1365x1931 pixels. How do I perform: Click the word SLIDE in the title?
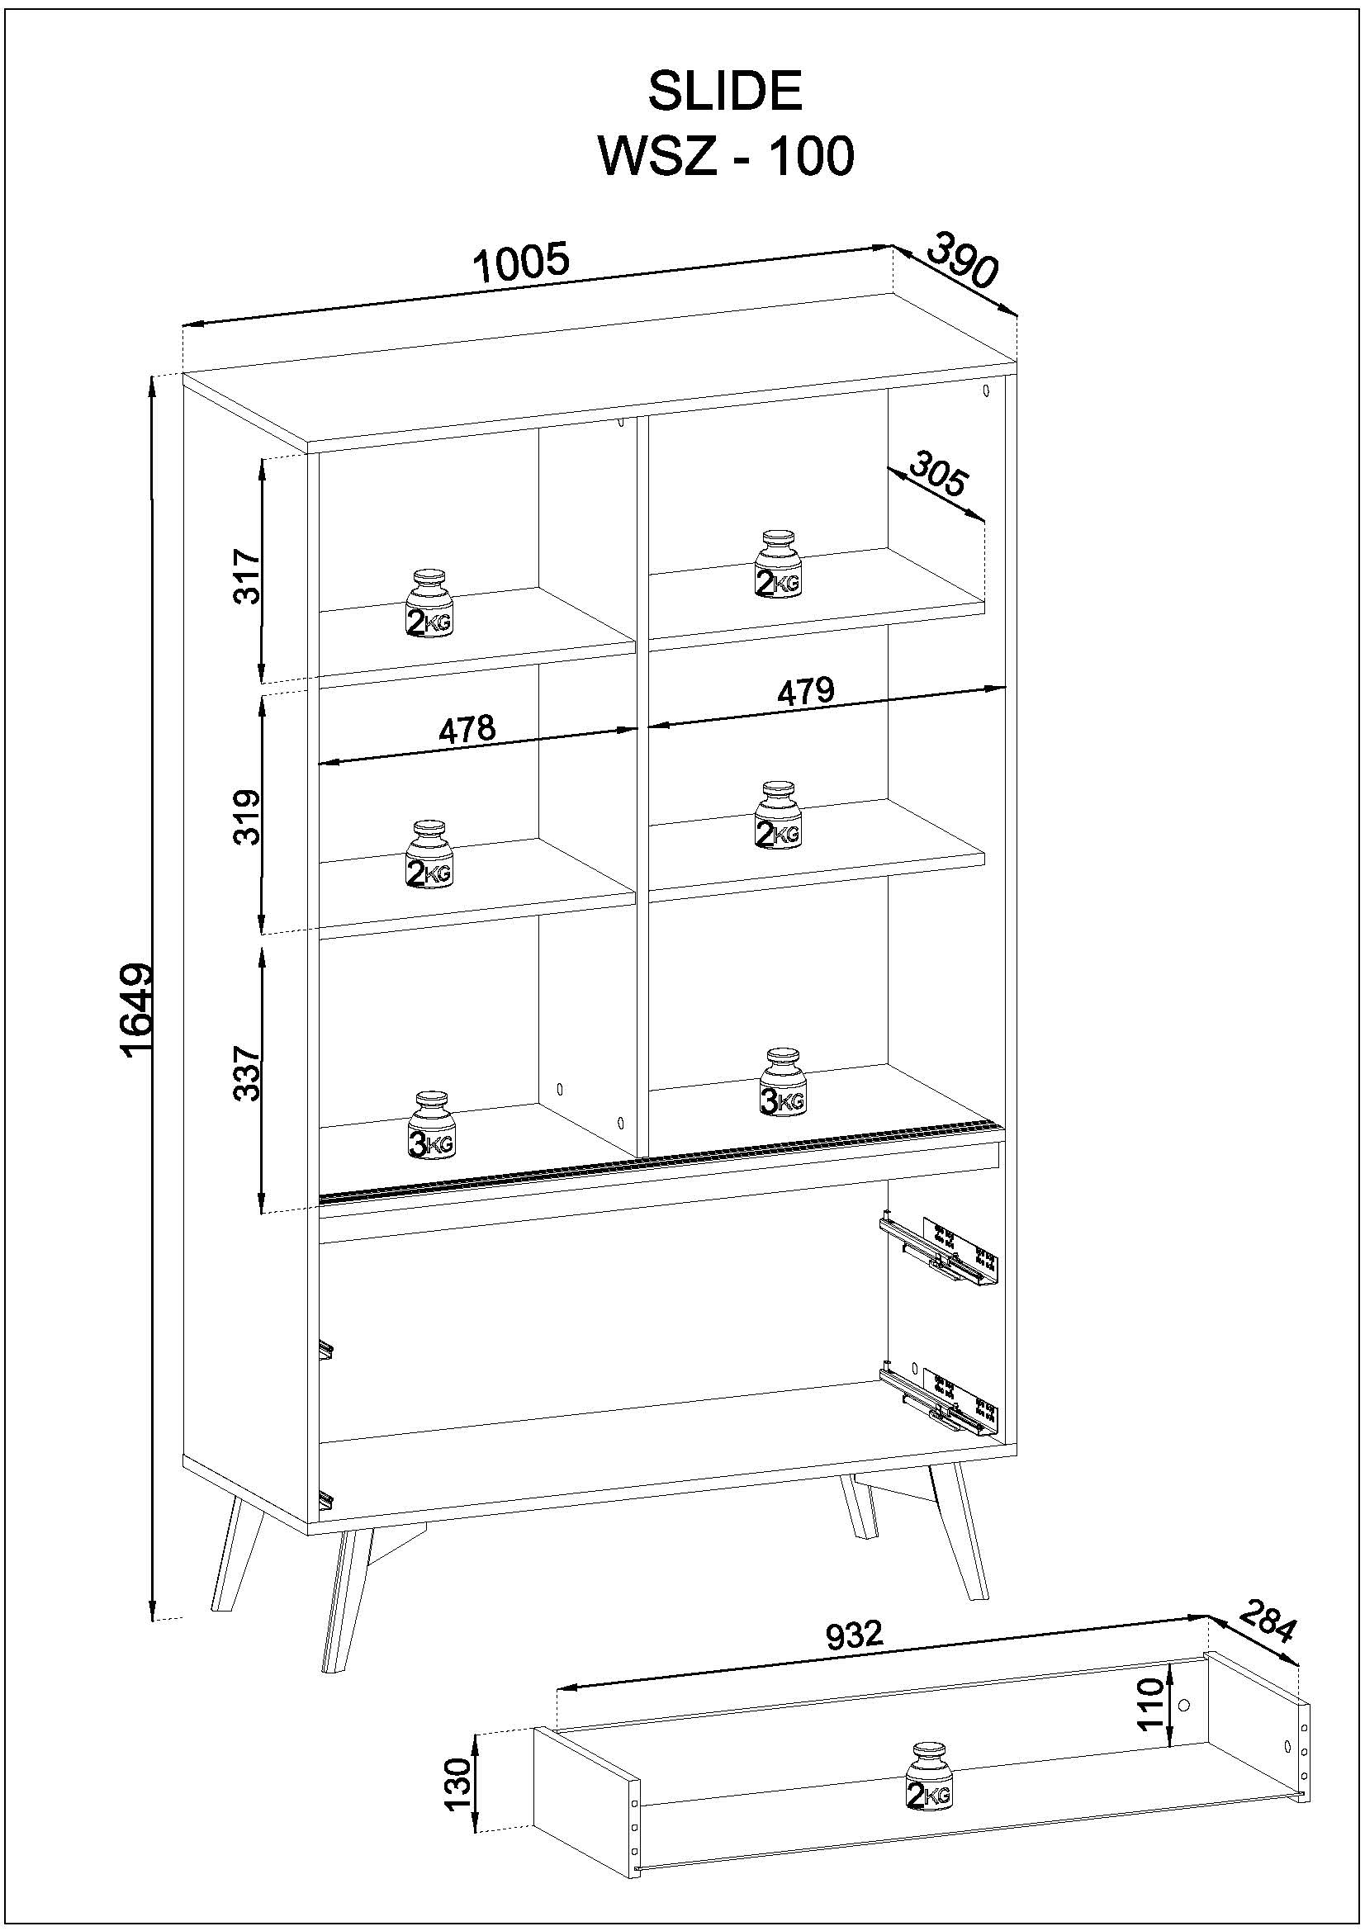pyautogui.click(x=724, y=92)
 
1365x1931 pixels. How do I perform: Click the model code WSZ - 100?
pyautogui.click(x=724, y=156)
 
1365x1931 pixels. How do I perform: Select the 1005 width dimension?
pyautogui.click(x=520, y=263)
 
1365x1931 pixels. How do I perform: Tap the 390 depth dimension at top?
pyautogui.click(x=962, y=260)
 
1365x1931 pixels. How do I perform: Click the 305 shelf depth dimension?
pyautogui.click(x=939, y=476)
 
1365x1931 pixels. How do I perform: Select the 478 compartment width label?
pyautogui.click(x=467, y=728)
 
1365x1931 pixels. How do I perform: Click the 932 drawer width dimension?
pyautogui.click(x=854, y=1634)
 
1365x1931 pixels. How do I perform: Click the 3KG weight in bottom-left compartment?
pyautogui.click(x=430, y=1125)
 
